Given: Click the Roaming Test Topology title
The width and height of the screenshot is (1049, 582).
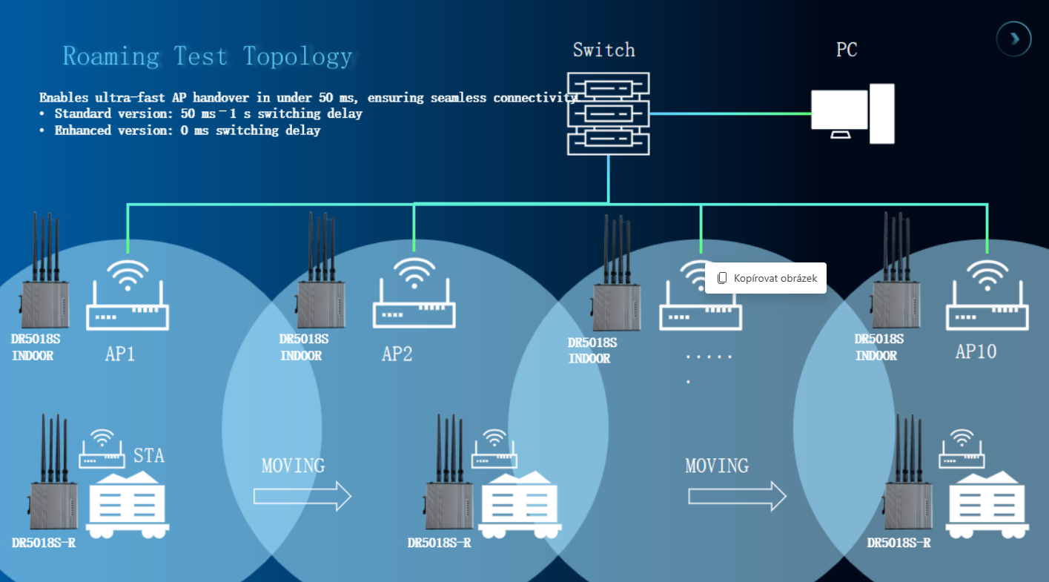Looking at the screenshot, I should coord(207,56).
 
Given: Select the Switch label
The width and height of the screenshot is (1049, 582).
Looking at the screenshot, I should coord(603,50).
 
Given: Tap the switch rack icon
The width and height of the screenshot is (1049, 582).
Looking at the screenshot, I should coord(608,113).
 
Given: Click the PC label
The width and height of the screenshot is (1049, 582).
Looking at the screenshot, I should coord(847,50).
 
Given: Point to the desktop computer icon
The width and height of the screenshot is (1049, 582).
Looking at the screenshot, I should coord(852,113).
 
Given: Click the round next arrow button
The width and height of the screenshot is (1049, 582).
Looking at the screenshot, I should coord(1013,39).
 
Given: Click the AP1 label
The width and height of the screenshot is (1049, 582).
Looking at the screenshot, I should coord(120,354).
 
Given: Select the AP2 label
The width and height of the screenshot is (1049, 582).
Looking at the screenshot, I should coord(397,354).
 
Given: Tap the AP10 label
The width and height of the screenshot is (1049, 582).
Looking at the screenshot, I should coord(976,351).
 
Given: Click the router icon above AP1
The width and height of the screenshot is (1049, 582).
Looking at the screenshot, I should coord(128,296).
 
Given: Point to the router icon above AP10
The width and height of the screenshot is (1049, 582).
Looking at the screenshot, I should coord(987,296).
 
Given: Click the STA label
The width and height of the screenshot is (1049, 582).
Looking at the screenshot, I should coord(149,454).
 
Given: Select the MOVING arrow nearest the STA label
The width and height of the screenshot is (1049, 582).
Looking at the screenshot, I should coord(302,495).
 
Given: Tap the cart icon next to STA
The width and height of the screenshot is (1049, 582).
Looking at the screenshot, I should coord(128,502).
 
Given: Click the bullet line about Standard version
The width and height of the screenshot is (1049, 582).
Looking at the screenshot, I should coord(201,113).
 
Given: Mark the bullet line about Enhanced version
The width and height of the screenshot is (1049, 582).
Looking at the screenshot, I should coord(180,130).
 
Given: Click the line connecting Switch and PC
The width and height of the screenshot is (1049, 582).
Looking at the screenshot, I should coord(730,113).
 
